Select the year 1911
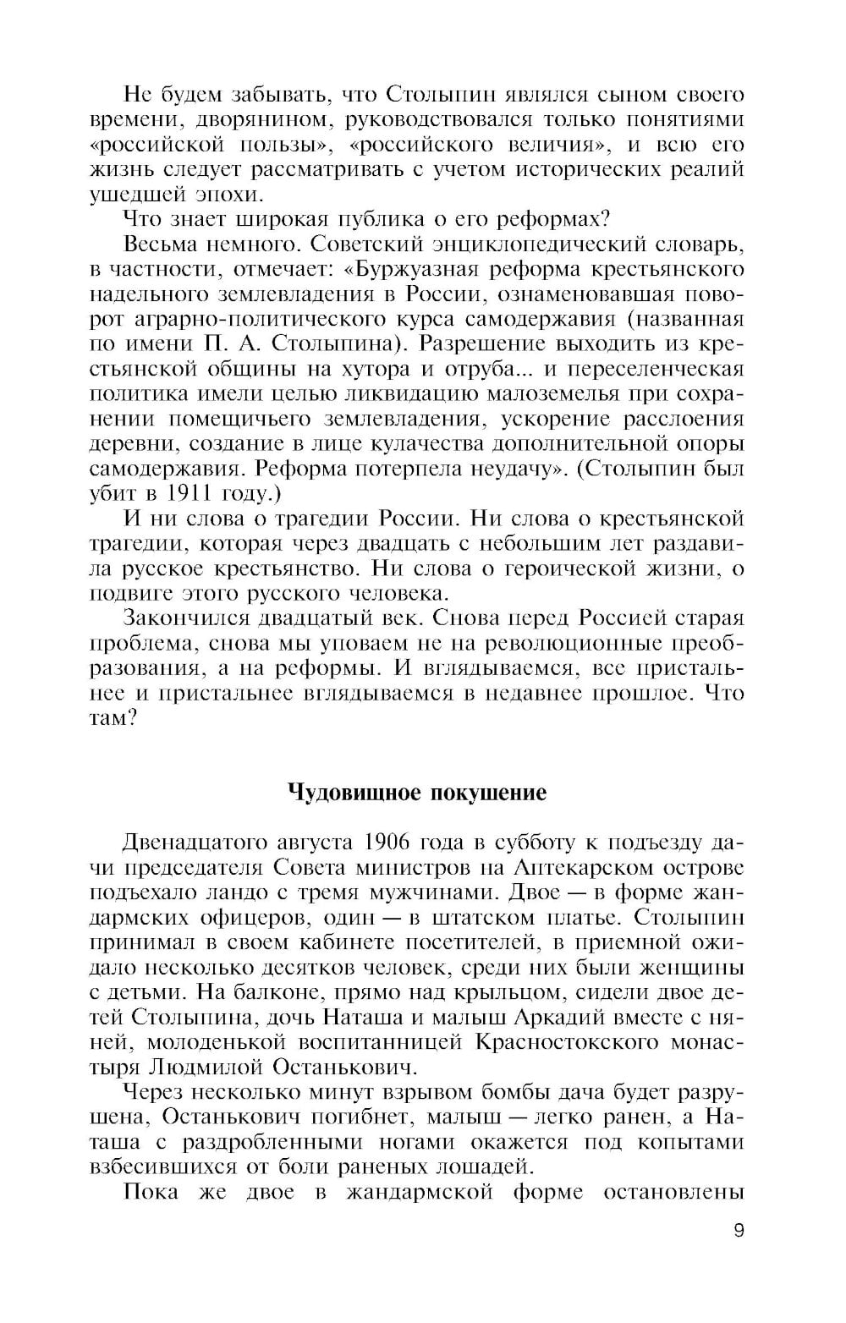[189, 491]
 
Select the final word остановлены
[673, 1191]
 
